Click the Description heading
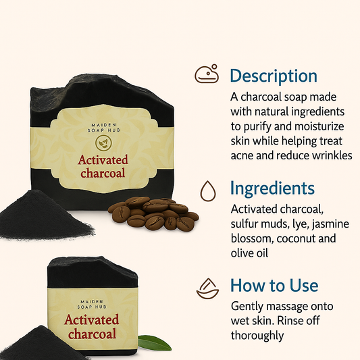(274, 76)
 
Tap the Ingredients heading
(272, 188)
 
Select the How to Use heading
(274, 286)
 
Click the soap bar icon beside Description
(207, 74)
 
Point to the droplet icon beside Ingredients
(208, 191)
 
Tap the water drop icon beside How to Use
(207, 288)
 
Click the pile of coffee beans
(153, 213)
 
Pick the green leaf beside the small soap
(155, 343)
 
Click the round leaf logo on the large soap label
(103, 143)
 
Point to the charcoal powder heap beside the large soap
(45, 216)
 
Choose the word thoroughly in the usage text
(257, 336)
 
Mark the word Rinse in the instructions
(289, 321)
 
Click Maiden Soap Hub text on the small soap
(92, 304)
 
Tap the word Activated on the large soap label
(103, 160)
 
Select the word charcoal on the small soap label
(93, 334)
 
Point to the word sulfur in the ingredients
(243, 224)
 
